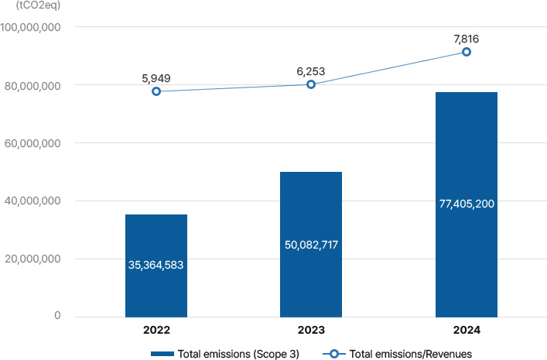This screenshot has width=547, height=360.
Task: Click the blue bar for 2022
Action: coord(156,232)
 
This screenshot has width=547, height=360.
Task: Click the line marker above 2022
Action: coord(156,91)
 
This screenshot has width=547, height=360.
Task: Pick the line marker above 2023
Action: coord(311,84)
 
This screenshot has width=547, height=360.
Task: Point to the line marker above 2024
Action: coord(467,52)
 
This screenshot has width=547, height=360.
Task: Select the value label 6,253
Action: coord(310,70)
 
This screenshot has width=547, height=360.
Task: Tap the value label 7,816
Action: coord(466,38)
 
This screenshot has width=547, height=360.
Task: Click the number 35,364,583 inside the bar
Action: coord(156,265)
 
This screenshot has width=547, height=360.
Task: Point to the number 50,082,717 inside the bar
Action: coord(311,245)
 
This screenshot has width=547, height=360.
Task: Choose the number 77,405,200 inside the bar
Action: coord(466,204)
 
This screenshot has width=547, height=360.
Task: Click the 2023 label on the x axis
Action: coord(311,330)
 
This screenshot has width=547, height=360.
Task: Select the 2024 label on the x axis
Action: coord(466,330)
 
